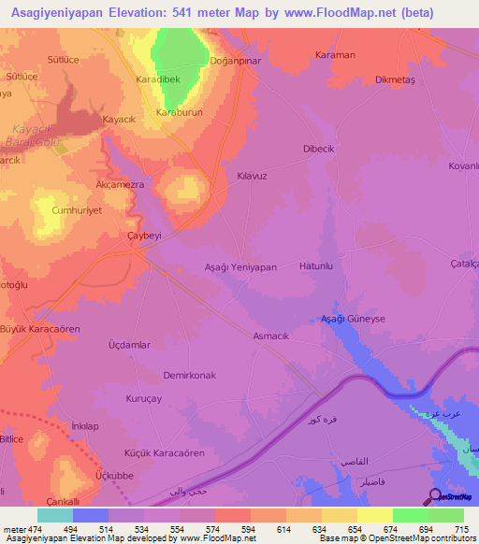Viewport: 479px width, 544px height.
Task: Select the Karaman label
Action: point(336,55)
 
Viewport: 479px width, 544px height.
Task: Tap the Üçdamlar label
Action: point(129,345)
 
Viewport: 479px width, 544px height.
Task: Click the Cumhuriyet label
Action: point(76,211)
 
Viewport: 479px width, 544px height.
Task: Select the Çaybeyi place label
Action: point(144,236)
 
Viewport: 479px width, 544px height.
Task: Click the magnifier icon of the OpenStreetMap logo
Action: point(434,495)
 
